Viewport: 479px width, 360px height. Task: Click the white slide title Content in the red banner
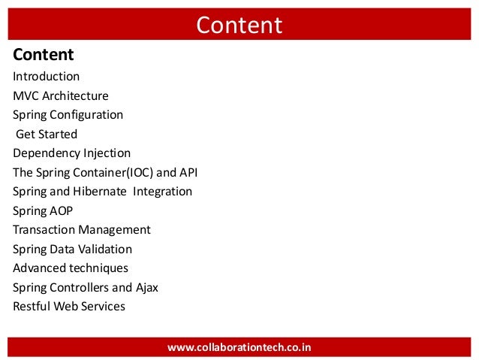[239, 26]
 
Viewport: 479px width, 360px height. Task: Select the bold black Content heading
[44, 55]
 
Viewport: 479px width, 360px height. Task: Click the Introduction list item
[46, 77]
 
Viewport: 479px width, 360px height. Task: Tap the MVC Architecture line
[61, 96]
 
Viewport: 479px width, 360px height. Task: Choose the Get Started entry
[47, 135]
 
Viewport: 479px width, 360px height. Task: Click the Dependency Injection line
[71, 153]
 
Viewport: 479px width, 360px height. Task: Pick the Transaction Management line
[82, 230]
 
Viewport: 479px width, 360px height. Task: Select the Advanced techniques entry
[71, 268]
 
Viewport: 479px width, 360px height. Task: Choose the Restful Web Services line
[69, 307]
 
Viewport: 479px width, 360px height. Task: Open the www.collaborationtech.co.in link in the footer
[239, 347]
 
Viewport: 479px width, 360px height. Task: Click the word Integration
[163, 192]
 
